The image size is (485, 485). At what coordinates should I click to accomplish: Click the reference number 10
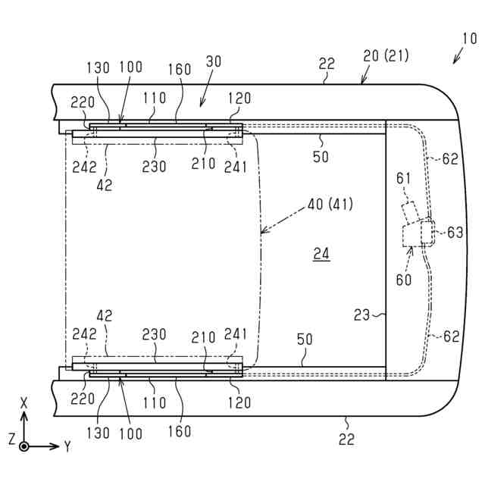point(469,39)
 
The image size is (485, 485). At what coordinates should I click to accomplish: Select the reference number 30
point(214,64)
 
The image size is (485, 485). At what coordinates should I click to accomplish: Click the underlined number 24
point(321,255)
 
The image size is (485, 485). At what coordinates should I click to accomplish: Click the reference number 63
point(454,232)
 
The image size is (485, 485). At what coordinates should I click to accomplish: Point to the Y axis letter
point(67,446)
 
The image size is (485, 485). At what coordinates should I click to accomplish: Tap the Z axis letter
point(11,439)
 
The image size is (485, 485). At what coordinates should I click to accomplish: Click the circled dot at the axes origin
point(24,446)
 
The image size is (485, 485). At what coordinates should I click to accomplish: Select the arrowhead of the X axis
point(24,416)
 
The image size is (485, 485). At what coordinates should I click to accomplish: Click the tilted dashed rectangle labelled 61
point(411,213)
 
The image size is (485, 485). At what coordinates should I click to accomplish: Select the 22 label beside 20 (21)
point(326,65)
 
